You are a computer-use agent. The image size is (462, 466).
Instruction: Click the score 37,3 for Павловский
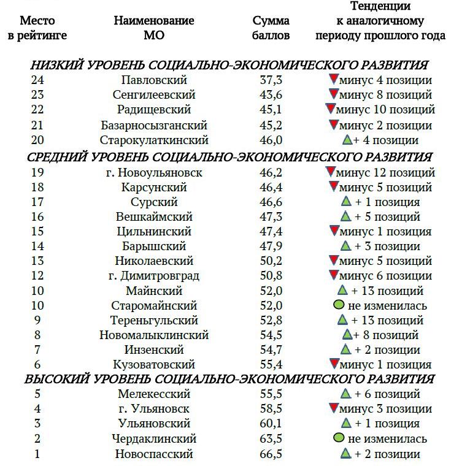271,80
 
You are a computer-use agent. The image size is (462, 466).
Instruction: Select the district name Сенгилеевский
154,95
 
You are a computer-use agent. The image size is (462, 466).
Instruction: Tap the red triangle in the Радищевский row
331,109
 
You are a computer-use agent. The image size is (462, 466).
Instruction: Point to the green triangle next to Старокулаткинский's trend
347,140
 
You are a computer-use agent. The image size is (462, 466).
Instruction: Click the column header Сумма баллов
271,28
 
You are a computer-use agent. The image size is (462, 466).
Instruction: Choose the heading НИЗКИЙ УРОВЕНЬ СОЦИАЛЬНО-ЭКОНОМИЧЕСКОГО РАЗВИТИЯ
229,66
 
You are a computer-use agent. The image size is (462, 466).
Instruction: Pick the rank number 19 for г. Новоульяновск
37,172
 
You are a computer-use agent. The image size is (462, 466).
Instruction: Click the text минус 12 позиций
387,172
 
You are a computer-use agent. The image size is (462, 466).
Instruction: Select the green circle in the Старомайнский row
337,305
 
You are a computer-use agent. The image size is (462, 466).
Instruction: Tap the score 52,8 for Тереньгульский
271,320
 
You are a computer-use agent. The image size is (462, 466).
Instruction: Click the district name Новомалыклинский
154,335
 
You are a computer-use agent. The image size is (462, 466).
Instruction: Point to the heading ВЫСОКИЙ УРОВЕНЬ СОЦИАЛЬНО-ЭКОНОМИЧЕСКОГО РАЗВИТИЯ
229,379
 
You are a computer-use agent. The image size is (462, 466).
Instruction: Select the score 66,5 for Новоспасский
271,454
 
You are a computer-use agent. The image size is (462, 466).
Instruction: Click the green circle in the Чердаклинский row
337,438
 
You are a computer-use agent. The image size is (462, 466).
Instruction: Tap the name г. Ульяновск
154,409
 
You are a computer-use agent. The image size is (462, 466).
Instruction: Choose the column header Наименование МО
154,28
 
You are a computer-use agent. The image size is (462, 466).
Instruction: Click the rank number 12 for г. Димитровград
37,275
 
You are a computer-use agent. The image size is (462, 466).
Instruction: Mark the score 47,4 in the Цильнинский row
271,232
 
